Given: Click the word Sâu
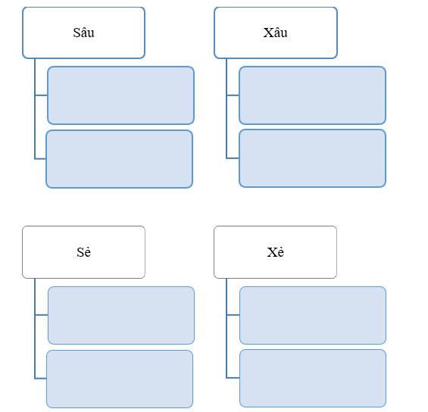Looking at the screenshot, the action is point(83,33).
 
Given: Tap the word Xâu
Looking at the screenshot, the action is point(275,33).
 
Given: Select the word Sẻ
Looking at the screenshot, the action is point(84,252).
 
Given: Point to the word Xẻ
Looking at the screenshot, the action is point(276,252).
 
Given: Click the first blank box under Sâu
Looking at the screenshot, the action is point(120,95).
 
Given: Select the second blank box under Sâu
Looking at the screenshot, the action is point(119,159).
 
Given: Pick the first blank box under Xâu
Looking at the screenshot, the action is point(313,95).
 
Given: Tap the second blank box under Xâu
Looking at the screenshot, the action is point(313,158).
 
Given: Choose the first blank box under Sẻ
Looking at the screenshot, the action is point(121,315).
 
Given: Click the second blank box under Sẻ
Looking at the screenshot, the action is point(120,379).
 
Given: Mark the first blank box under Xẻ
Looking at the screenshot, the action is point(313,315).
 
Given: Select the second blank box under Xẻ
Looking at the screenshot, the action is point(313,378).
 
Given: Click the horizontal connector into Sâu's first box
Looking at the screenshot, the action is point(41,95).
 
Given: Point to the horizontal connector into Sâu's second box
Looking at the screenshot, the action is point(40,159).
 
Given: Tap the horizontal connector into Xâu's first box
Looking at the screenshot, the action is point(233,95).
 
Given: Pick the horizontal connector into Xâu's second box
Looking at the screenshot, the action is point(233,158).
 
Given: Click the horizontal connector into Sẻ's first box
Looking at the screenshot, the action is point(42,315).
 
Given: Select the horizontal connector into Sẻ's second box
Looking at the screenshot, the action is point(41,379).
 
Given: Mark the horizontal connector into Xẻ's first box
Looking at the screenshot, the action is point(233,315).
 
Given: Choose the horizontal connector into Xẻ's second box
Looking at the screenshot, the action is point(233,378).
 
